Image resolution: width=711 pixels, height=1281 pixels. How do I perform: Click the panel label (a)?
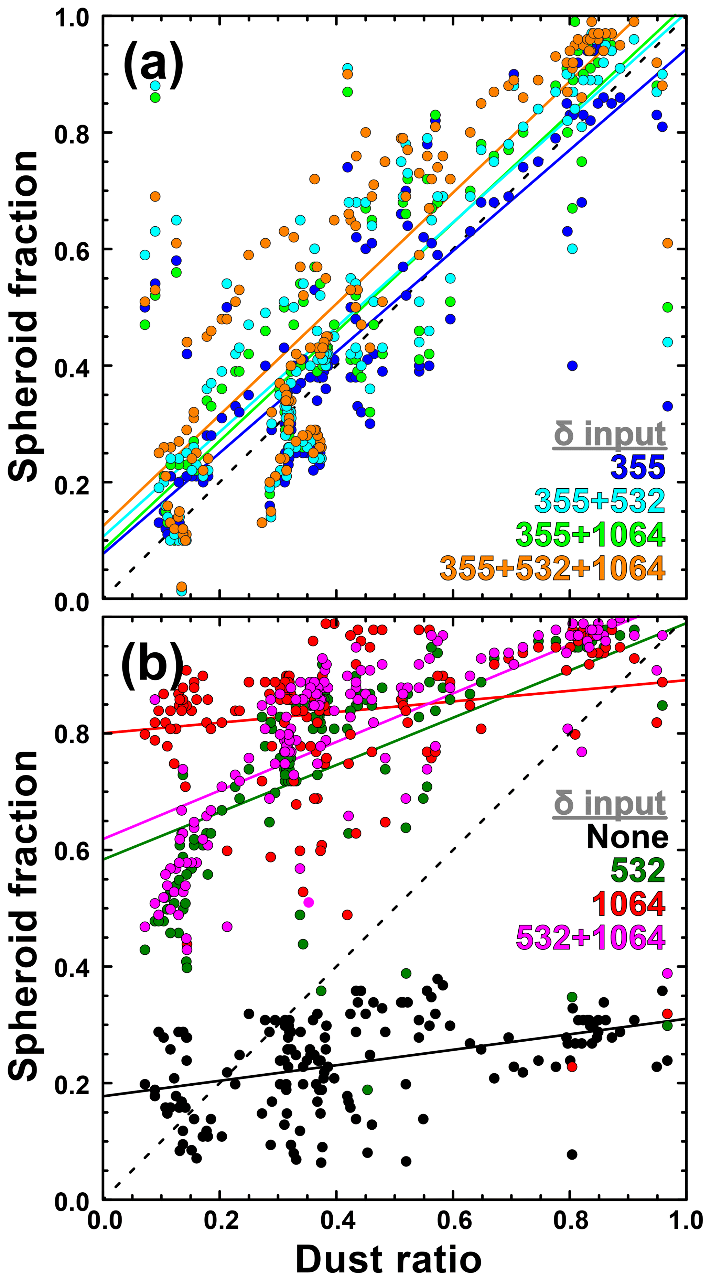(x=153, y=65)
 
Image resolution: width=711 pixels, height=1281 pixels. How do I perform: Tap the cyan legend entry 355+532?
(x=600, y=501)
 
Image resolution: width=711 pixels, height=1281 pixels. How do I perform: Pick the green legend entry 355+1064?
(x=590, y=534)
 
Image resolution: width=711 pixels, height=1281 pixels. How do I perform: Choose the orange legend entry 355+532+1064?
(x=552, y=568)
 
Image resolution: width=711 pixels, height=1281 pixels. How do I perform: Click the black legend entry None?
(x=627, y=837)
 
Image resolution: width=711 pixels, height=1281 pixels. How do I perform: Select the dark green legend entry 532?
(x=637, y=870)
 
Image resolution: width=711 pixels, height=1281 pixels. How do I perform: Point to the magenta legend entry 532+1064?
(x=590, y=937)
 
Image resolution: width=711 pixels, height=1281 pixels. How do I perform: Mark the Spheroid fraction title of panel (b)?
(x=24, y=915)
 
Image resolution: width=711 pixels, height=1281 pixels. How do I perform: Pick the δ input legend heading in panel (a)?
(x=610, y=434)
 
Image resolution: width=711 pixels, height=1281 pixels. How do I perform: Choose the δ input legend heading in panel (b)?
(x=610, y=803)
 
